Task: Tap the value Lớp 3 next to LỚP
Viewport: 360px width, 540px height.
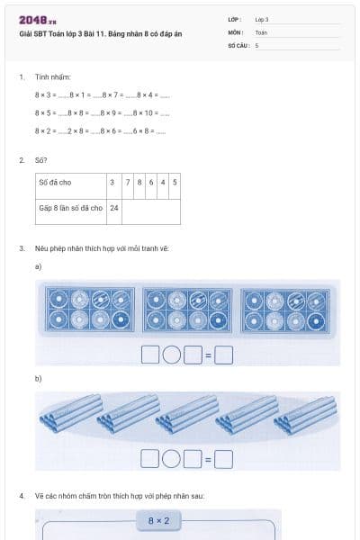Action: [262, 19]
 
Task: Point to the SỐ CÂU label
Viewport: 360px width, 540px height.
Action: [238, 44]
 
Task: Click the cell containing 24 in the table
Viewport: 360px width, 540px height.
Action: [114, 207]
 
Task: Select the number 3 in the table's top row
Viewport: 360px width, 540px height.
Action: [113, 182]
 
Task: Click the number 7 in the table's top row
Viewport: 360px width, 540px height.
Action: [128, 182]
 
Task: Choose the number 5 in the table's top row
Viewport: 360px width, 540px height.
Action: [174, 182]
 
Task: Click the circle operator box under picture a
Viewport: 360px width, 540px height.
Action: [171, 355]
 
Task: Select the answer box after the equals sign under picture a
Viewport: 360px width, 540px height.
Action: [223, 355]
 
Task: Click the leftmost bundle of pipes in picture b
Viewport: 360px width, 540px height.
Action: [67, 413]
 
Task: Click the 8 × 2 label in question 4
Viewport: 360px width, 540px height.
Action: [157, 521]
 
